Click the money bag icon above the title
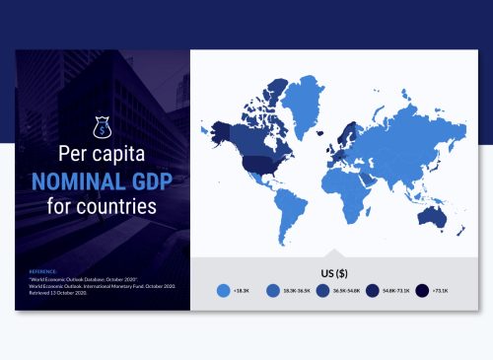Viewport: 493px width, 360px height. (x=101, y=127)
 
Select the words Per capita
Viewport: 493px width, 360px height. (x=102, y=156)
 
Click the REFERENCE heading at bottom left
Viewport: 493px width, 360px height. (x=43, y=268)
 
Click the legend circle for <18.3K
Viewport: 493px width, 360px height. (x=223, y=291)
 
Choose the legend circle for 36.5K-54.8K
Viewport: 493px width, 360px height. (x=322, y=291)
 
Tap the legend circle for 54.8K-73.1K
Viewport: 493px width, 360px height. (x=373, y=291)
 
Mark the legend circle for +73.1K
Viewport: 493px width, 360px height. (x=422, y=291)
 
